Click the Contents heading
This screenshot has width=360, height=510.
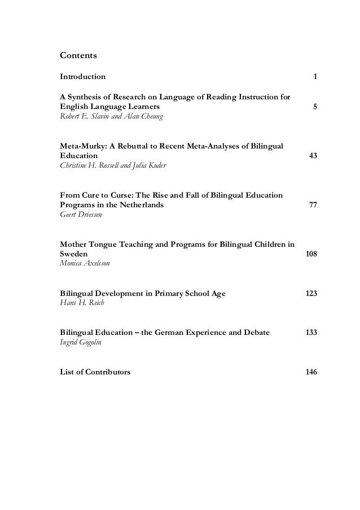[78, 56]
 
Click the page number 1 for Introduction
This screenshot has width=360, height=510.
[314, 76]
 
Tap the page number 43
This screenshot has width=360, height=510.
[312, 155]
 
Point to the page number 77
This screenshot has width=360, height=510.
[312, 205]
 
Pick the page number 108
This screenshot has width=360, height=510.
[310, 254]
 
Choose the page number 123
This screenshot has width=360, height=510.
[310, 294]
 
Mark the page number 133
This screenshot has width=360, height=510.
[310, 333]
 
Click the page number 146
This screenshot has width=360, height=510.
[310, 372]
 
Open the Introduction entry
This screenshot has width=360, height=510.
[82, 76]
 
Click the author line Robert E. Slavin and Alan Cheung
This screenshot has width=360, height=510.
[105, 117]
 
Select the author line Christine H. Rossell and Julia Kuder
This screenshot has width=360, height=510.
[108, 166]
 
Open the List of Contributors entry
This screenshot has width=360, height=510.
[95, 372]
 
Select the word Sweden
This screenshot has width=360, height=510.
[74, 255]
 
